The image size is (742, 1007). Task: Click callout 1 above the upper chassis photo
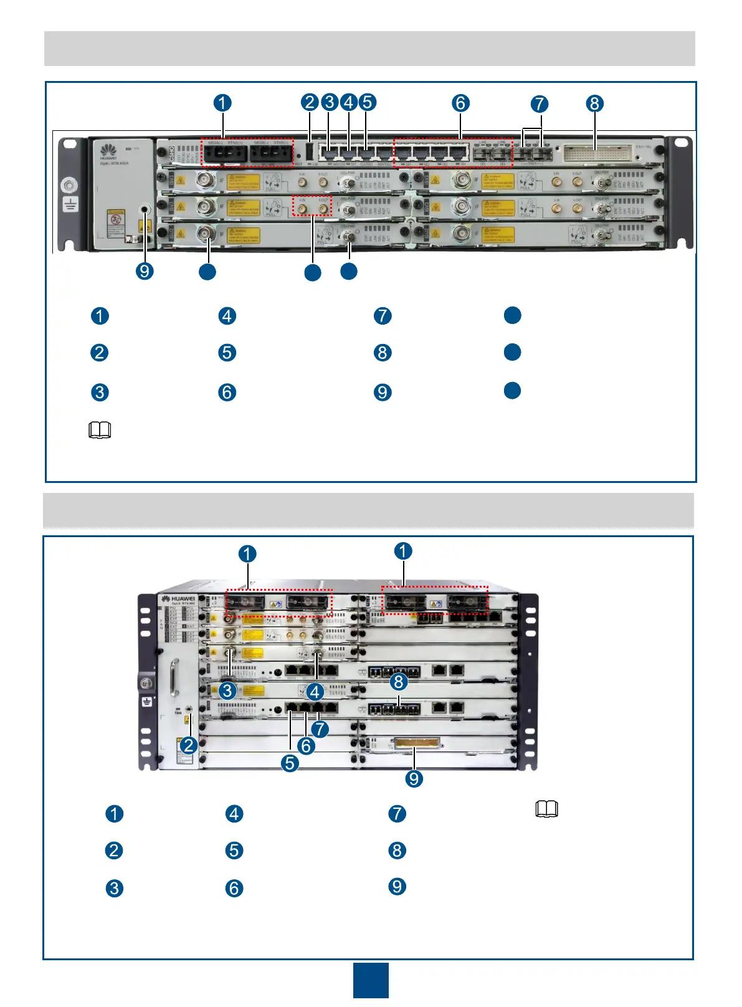coord(222,103)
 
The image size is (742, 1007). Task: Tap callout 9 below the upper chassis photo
coord(145,271)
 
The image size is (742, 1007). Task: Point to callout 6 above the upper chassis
coord(460,103)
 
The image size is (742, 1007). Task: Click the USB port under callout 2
coord(310,153)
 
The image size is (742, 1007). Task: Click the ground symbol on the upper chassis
coord(71,204)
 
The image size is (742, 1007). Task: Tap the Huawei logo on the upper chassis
coord(108,150)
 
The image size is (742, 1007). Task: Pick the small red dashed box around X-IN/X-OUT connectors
coord(312,205)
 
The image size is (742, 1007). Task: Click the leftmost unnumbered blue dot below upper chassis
coord(207,271)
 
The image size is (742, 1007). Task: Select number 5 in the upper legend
coord(227,353)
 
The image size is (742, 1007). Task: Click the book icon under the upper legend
coord(100,430)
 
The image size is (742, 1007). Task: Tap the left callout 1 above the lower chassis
coord(247,554)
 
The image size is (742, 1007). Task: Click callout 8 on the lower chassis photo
coord(398,681)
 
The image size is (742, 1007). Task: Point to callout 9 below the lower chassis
coord(414,778)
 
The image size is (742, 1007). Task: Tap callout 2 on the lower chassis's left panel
coord(189,745)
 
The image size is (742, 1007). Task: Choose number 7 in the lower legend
coord(397,814)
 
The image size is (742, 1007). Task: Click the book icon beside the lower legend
coord(546,809)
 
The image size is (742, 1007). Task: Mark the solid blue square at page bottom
coord(371,980)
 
